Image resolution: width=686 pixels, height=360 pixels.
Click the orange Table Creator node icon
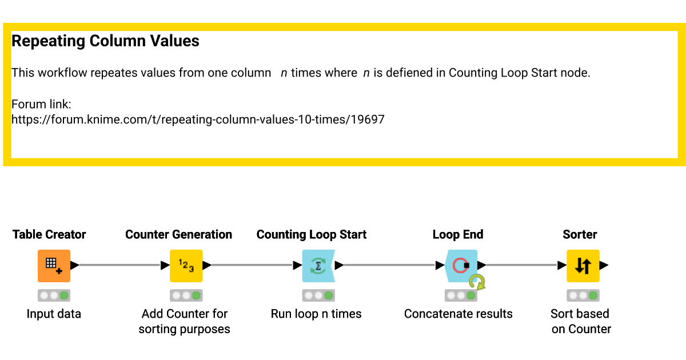(54, 266)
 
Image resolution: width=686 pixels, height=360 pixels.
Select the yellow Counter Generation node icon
(186, 266)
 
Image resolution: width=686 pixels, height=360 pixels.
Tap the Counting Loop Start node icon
(318, 266)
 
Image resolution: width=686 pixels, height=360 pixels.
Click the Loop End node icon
(461, 266)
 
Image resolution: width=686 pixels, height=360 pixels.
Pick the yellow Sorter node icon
(583, 266)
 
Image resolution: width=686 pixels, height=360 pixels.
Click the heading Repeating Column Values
(105, 41)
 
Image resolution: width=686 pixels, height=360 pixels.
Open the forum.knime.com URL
(198, 119)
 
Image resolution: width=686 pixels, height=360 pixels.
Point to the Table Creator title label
(49, 234)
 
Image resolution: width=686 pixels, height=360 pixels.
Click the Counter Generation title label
(178, 234)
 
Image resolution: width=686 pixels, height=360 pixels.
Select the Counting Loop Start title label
(312, 234)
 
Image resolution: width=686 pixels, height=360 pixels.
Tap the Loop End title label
(458, 234)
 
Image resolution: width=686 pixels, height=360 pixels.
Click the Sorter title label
(580, 234)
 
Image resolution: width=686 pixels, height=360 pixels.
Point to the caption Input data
(54, 314)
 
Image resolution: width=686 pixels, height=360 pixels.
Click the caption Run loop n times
(316, 314)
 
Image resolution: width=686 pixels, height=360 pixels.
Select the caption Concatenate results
(458, 314)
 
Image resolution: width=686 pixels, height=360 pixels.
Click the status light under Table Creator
(54, 295)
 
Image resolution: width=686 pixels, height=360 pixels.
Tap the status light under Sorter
(583, 295)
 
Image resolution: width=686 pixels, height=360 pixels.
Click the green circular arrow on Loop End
(477, 282)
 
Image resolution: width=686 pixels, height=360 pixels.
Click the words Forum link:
(41, 105)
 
